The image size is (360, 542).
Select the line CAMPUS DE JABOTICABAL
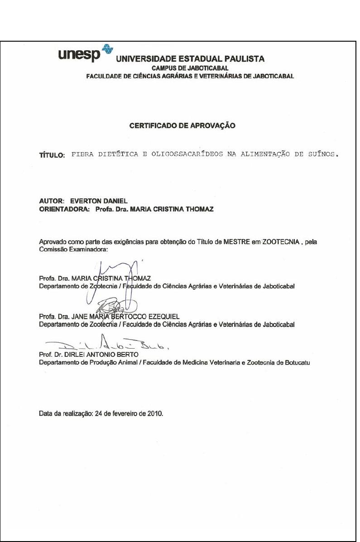click(x=190, y=68)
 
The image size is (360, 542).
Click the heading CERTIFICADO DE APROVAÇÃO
click(x=182, y=126)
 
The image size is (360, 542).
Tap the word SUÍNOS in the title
click(x=322, y=154)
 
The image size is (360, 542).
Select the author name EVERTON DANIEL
click(x=91, y=200)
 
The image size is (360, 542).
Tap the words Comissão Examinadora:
click(x=74, y=249)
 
